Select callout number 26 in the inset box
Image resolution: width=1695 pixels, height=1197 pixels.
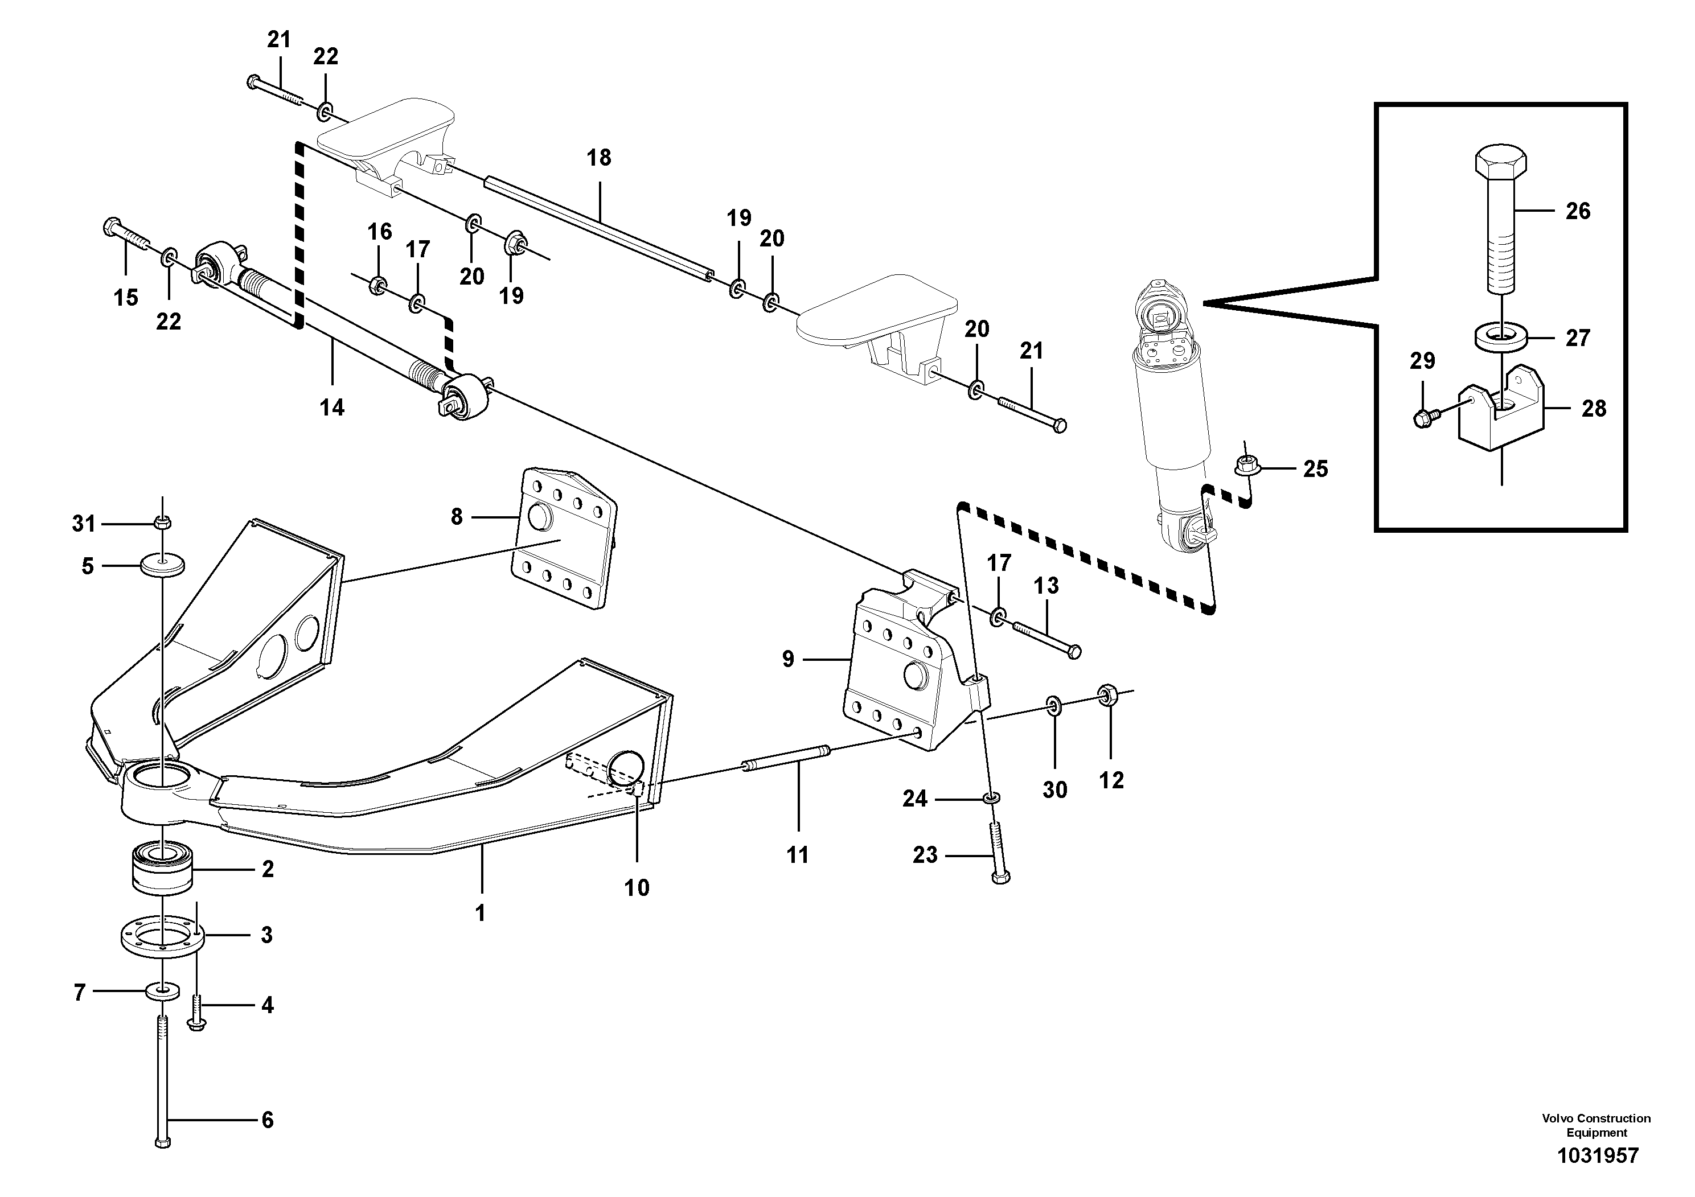(x=1578, y=211)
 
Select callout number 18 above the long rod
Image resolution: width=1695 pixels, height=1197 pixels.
(x=599, y=158)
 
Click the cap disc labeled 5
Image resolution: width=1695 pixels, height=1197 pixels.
(x=162, y=566)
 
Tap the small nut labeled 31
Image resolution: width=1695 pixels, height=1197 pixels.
(x=162, y=523)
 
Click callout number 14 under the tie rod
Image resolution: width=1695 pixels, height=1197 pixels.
(x=331, y=408)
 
